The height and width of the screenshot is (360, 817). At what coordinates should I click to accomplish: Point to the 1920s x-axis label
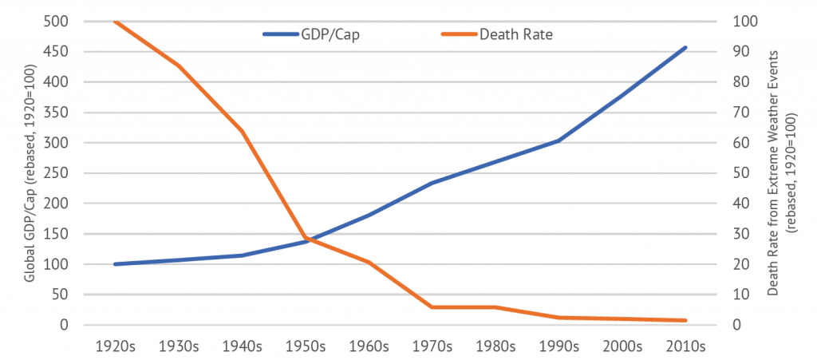click(115, 347)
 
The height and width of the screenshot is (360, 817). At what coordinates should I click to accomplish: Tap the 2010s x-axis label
click(685, 347)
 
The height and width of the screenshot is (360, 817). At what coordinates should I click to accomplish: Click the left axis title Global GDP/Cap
click(29, 173)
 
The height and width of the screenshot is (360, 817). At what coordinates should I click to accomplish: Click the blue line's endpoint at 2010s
click(685, 47)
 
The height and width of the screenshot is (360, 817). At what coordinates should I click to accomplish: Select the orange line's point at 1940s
click(242, 131)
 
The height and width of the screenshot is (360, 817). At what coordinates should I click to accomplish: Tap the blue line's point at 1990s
click(558, 140)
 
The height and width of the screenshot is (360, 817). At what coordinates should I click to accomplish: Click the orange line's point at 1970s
click(432, 307)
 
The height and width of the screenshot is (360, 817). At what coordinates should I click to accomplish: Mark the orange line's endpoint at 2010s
click(685, 321)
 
